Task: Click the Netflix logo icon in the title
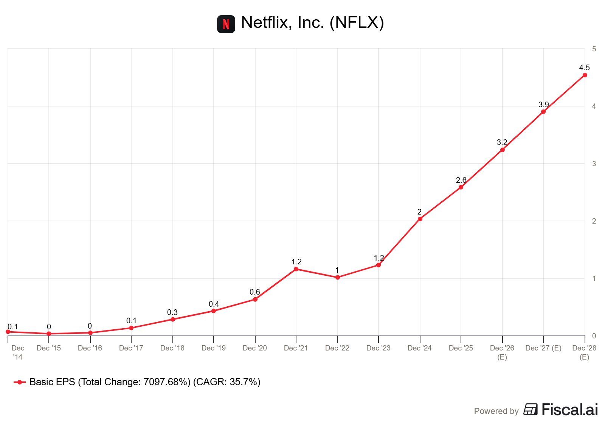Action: (x=226, y=24)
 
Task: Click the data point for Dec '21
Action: (x=296, y=269)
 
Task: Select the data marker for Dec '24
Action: (x=420, y=219)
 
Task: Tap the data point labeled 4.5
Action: (x=585, y=75)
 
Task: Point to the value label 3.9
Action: (x=543, y=105)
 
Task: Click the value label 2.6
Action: (x=461, y=180)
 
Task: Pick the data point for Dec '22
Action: (x=338, y=278)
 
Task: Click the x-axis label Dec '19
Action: (x=214, y=348)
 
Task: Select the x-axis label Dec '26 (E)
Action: (x=502, y=352)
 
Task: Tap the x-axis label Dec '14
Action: (x=18, y=352)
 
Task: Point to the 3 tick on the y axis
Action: (x=594, y=164)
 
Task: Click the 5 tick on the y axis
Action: (x=594, y=49)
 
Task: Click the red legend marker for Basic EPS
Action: (x=19, y=382)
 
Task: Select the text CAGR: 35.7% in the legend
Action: (x=227, y=382)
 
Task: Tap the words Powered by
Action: (x=496, y=411)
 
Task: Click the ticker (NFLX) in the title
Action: (x=357, y=23)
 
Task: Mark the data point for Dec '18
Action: (x=173, y=320)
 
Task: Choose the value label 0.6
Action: (x=255, y=292)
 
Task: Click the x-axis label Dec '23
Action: (x=379, y=348)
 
